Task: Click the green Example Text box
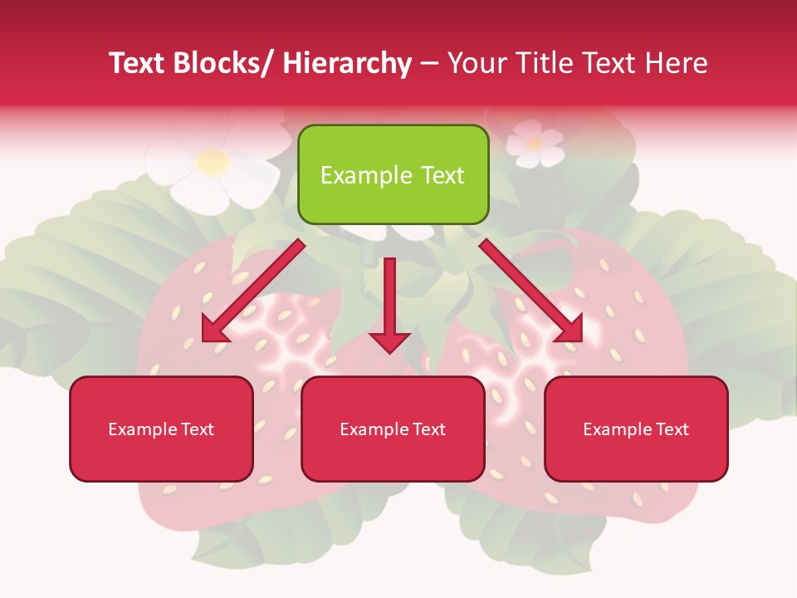pos(393,174)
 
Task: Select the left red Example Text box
pos(161,429)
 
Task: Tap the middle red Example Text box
pos(393,429)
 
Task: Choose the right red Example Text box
pos(636,429)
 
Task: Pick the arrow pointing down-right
pos(531,292)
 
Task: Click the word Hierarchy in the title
pos(347,63)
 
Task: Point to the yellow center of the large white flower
pos(213,160)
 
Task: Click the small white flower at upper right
pos(535,143)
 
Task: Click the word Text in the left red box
pos(196,429)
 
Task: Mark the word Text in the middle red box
pos(428,429)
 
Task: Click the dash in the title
pos(429,64)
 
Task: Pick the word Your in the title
pos(477,63)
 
